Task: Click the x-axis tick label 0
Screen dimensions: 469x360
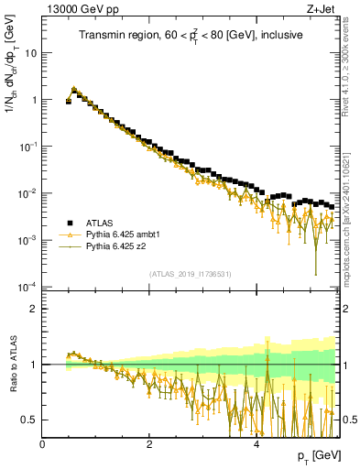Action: [42, 444]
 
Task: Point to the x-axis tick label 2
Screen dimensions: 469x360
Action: [149, 444]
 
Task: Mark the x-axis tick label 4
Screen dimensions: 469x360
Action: [256, 444]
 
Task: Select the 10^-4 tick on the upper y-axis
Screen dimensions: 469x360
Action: [27, 287]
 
